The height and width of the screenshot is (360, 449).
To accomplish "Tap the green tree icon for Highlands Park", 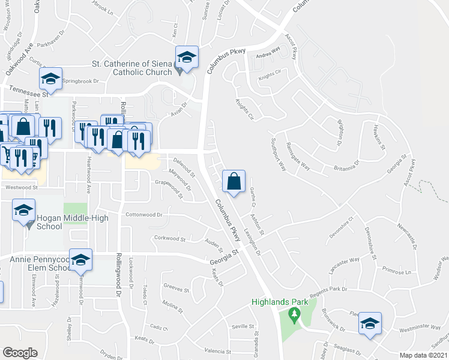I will (x=294, y=313).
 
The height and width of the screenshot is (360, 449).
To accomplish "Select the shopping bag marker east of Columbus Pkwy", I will (x=234, y=181).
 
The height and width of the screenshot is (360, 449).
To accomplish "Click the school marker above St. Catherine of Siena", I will (x=187, y=58).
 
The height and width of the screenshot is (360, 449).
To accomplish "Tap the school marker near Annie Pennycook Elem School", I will (x=81, y=260).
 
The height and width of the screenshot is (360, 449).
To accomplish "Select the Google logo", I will (x=20, y=353).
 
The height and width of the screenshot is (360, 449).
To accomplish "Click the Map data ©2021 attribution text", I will (x=424, y=356).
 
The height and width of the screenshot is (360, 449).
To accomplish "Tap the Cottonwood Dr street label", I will (x=144, y=214).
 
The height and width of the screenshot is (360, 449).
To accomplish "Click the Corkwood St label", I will (x=170, y=238).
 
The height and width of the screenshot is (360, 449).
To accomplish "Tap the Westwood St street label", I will (x=22, y=187).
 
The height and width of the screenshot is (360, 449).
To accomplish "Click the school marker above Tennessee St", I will (x=51, y=78).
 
